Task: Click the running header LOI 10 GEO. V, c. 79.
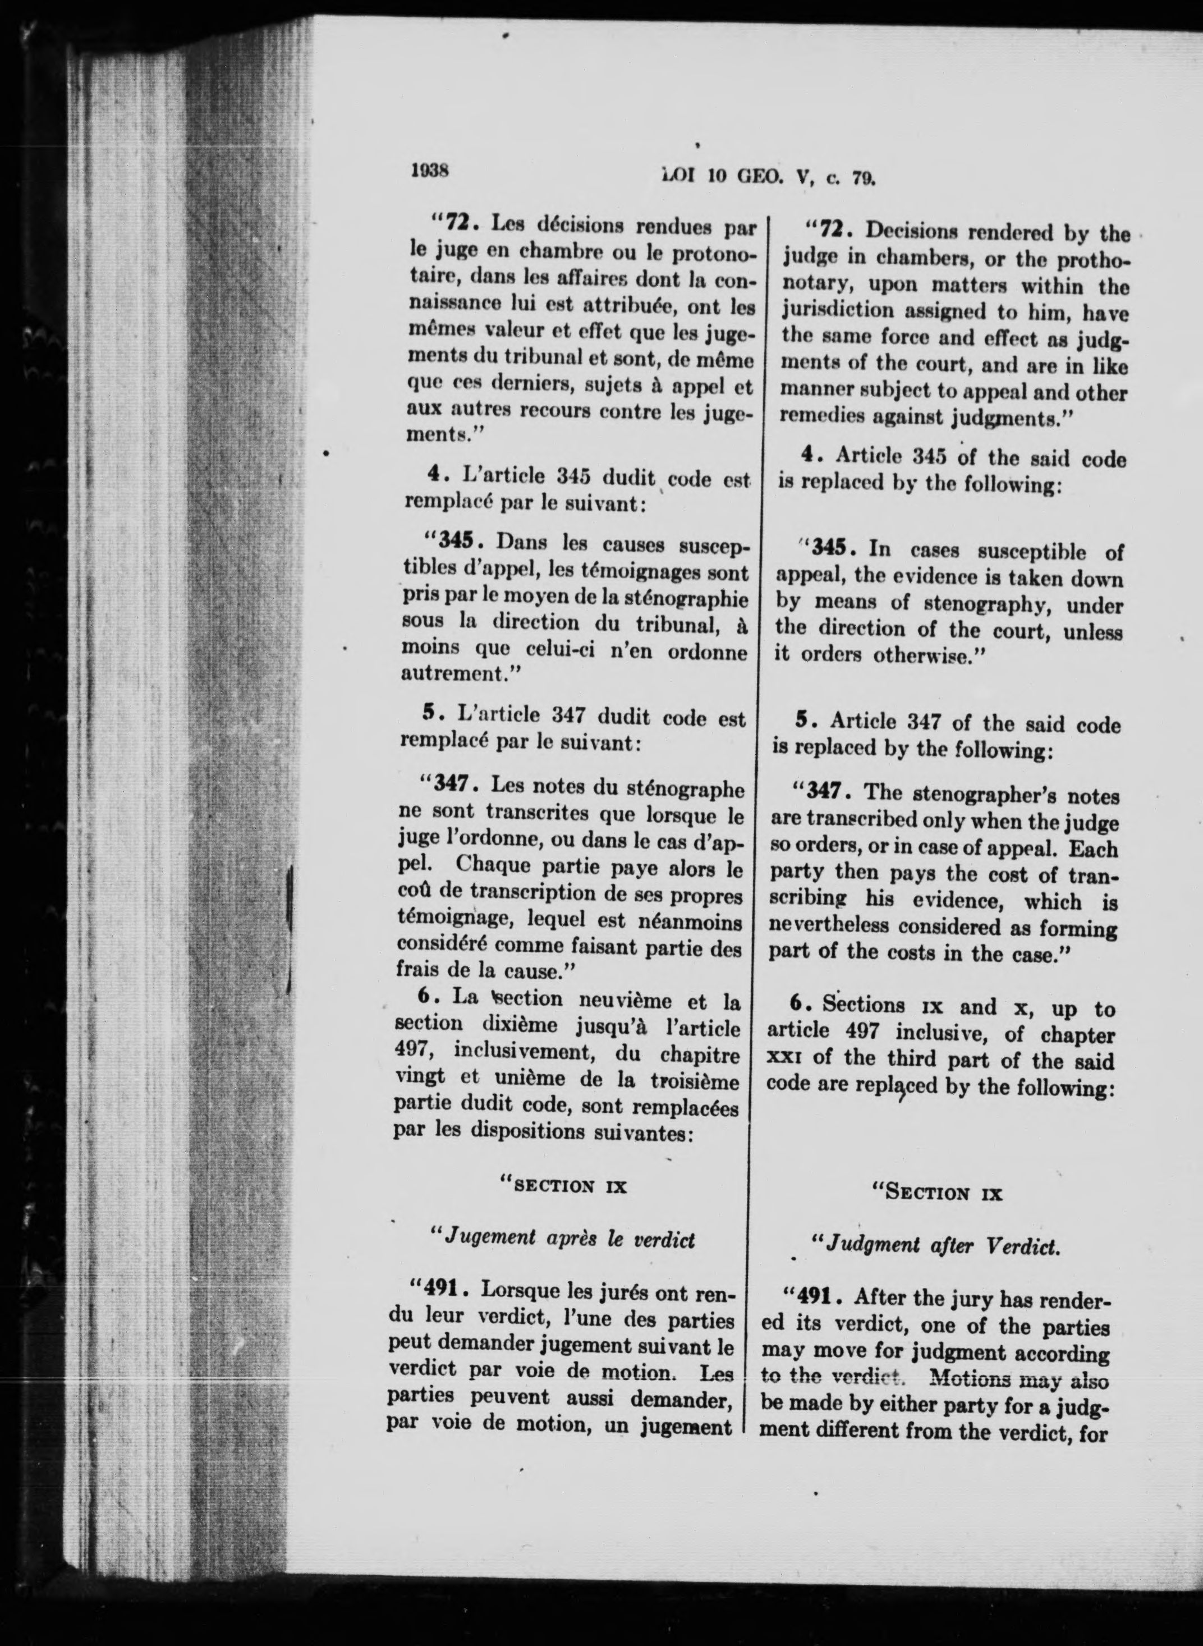(768, 177)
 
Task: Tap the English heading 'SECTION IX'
(939, 1194)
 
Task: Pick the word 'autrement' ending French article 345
(452, 673)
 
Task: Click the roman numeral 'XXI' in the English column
(783, 1061)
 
